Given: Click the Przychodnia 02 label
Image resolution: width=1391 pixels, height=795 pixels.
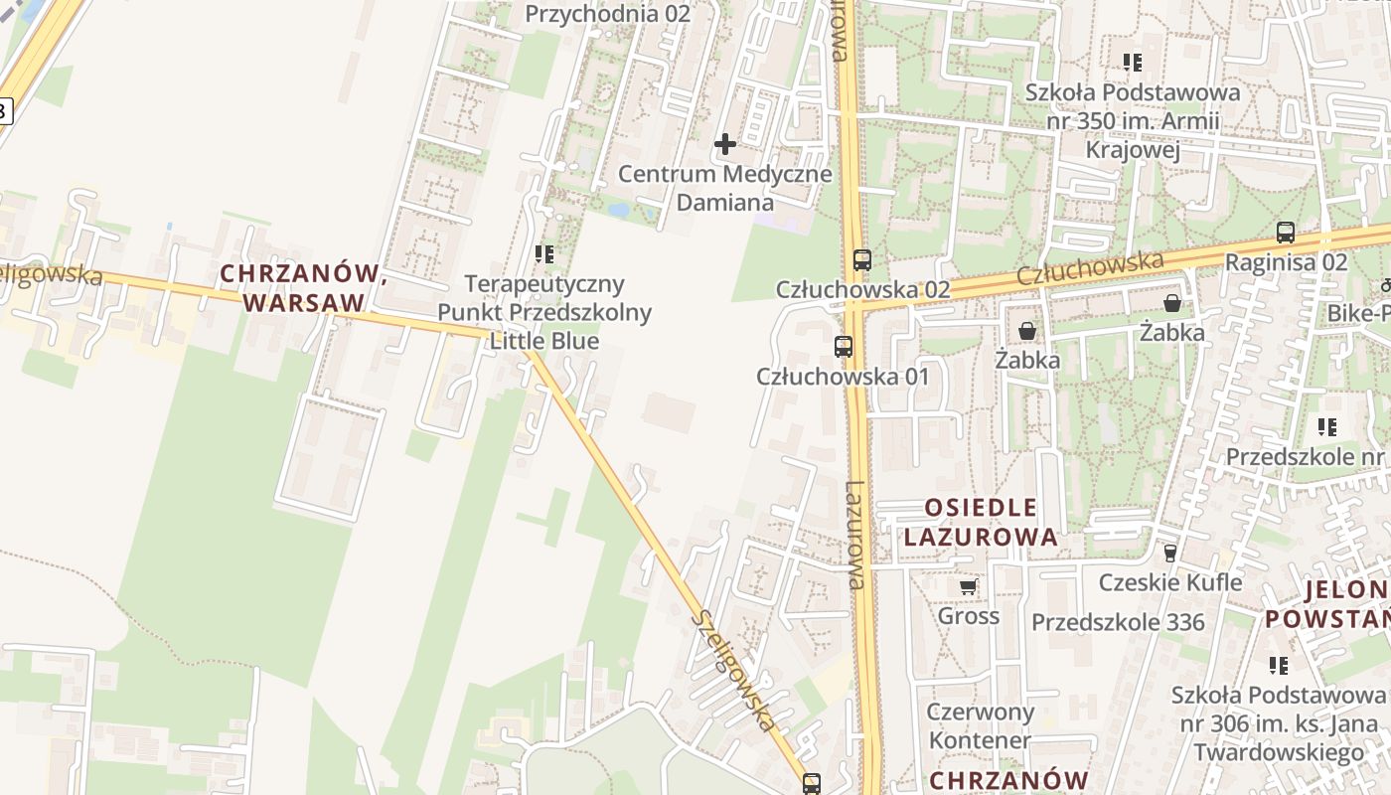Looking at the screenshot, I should tap(607, 14).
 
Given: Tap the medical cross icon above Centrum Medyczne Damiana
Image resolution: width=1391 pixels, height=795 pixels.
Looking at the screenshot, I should tap(725, 144).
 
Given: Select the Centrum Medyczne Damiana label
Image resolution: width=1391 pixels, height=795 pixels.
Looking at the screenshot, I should tap(725, 188).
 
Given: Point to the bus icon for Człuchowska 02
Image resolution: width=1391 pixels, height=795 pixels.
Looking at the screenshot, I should tap(861, 260).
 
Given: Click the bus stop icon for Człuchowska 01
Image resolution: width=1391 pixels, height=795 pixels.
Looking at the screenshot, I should tap(844, 347).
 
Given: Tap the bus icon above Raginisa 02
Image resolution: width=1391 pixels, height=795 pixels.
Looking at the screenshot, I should tap(1286, 234).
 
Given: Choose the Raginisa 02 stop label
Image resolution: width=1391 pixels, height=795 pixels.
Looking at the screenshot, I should tap(1286, 262).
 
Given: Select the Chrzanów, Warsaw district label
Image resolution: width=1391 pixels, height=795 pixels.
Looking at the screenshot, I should tap(303, 287).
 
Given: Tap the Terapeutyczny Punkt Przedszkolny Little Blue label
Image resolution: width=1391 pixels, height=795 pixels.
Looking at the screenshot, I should tap(544, 312).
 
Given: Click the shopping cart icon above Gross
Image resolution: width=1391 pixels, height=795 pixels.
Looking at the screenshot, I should tap(968, 587).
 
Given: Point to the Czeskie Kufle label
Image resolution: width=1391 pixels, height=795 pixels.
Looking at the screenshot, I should tap(1170, 581).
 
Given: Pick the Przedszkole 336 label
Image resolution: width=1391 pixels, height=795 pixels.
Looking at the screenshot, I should tap(1118, 622).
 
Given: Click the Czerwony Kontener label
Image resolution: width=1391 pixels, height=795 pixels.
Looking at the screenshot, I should tap(980, 725).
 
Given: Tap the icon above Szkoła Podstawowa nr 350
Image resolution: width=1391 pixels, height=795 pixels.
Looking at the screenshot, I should tap(1133, 63).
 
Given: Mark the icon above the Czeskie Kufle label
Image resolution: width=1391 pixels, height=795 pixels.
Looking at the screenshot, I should tap(1170, 554).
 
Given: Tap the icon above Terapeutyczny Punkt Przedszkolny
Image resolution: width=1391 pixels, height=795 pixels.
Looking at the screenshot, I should tap(543, 254).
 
